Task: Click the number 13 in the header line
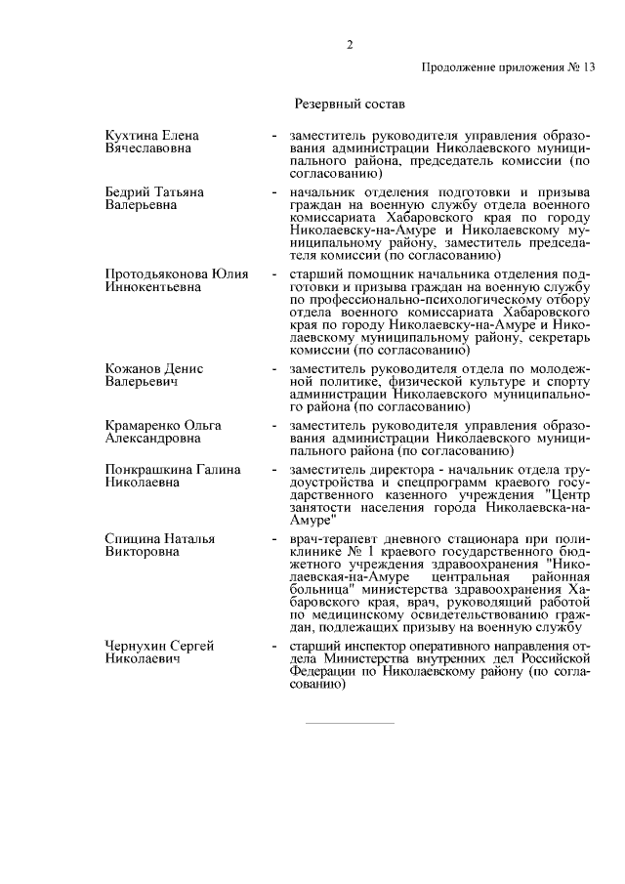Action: coord(586,68)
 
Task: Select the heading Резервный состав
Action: coord(349,103)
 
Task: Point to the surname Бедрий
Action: coord(128,192)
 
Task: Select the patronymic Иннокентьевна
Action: coord(151,287)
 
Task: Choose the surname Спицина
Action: coord(132,538)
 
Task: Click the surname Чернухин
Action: coord(136,647)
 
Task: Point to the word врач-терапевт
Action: coord(330,538)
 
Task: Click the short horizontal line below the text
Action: coord(349,724)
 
